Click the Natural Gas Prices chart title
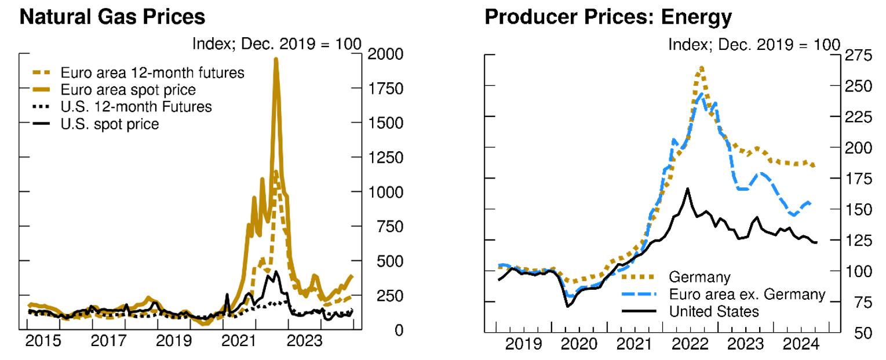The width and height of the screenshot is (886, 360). (112, 17)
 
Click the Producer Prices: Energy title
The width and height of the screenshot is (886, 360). (608, 17)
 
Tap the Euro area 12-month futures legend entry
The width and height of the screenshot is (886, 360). (152, 73)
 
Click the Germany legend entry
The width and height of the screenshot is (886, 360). (699, 277)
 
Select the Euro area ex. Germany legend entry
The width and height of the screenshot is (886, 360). (747, 294)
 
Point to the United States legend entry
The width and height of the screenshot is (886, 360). (713, 311)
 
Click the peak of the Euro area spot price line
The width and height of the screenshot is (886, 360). (276, 59)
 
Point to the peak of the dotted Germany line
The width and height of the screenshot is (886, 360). (702, 67)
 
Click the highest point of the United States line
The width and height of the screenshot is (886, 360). (688, 188)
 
